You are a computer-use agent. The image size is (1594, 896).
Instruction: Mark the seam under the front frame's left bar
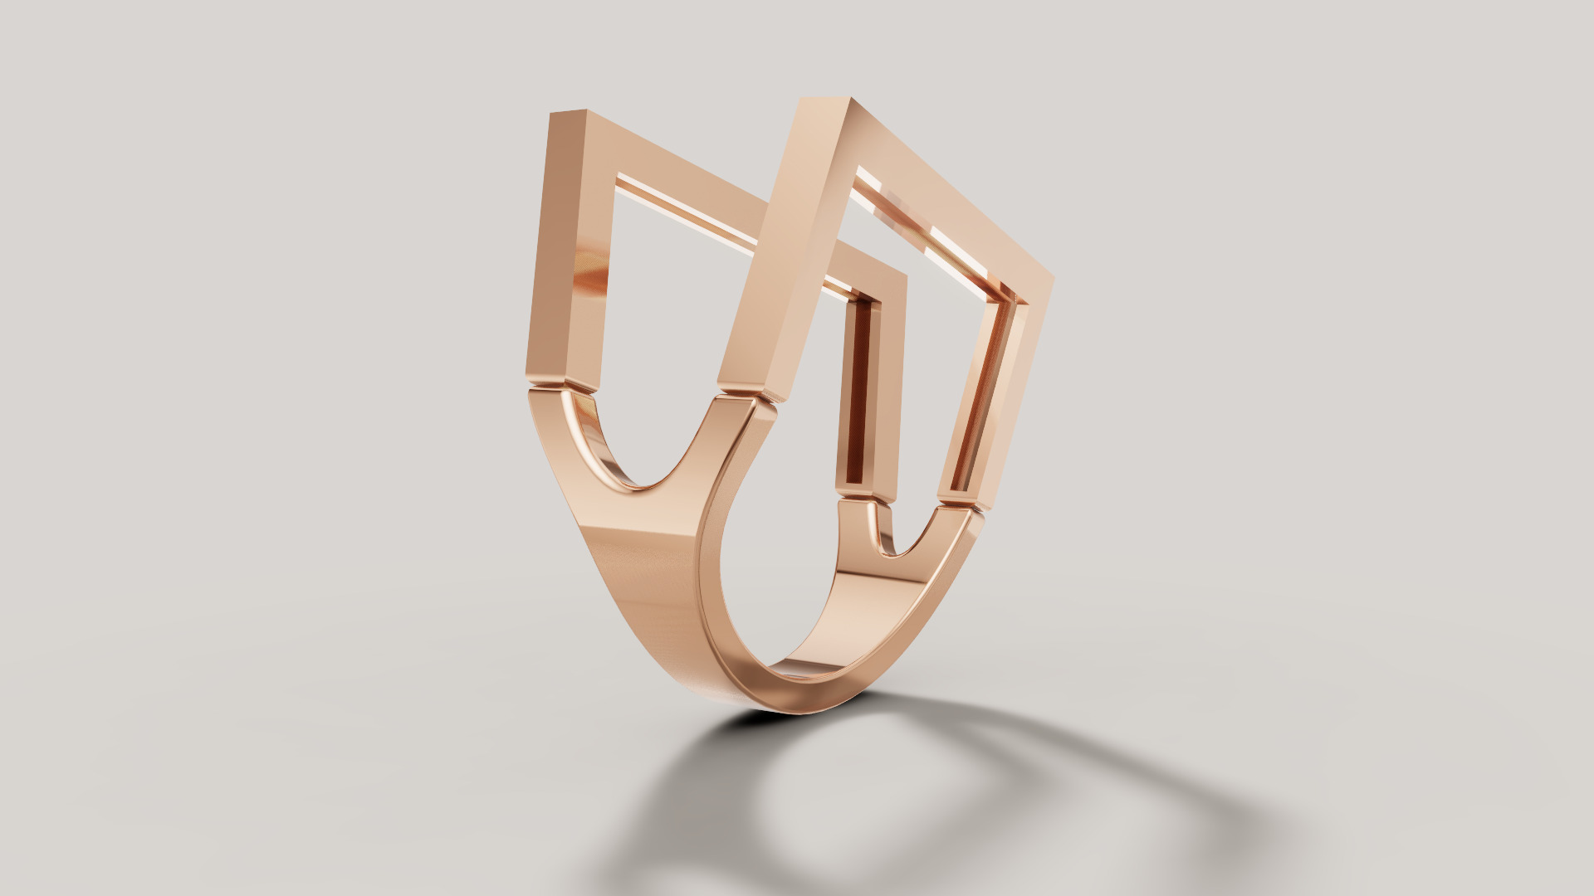[x=747, y=397]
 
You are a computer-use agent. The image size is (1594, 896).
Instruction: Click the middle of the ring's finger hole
[x=789, y=581]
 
